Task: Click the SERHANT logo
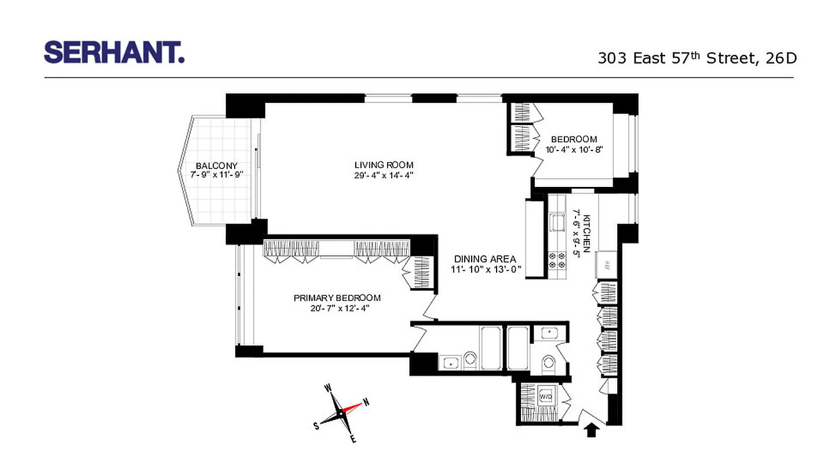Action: click(114, 52)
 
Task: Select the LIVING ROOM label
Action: click(384, 165)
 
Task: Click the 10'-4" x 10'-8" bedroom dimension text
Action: click(574, 149)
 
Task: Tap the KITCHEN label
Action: click(587, 234)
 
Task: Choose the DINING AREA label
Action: click(485, 259)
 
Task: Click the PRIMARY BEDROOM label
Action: click(337, 298)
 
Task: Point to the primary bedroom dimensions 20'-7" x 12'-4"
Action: click(337, 308)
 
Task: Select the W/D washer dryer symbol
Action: click(546, 397)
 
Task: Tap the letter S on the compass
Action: click(316, 427)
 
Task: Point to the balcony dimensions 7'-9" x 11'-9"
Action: click(216, 175)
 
